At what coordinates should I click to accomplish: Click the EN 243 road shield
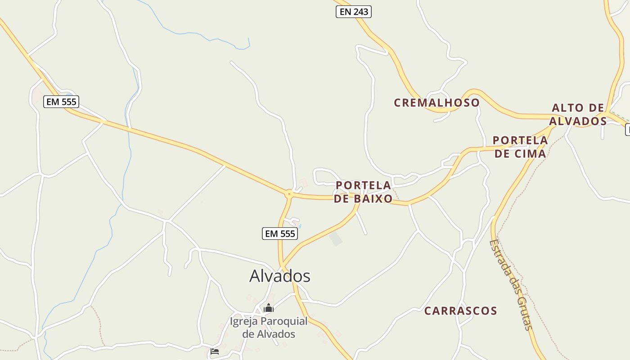(x=353, y=12)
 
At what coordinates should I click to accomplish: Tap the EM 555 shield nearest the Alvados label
(x=280, y=234)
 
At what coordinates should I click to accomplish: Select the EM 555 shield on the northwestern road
(x=61, y=102)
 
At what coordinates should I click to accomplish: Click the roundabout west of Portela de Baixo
(x=289, y=194)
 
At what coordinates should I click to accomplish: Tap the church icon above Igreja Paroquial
(x=269, y=308)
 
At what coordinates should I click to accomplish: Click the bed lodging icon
(x=215, y=351)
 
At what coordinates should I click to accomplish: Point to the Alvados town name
(x=280, y=275)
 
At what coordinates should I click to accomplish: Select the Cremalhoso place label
(x=436, y=103)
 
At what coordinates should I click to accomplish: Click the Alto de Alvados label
(x=578, y=114)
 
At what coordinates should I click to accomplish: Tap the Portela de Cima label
(x=520, y=147)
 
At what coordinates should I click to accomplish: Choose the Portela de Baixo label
(x=363, y=192)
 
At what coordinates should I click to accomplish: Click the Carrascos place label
(x=460, y=310)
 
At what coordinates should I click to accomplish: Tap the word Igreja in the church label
(x=244, y=321)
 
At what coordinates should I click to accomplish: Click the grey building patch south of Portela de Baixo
(x=336, y=238)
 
